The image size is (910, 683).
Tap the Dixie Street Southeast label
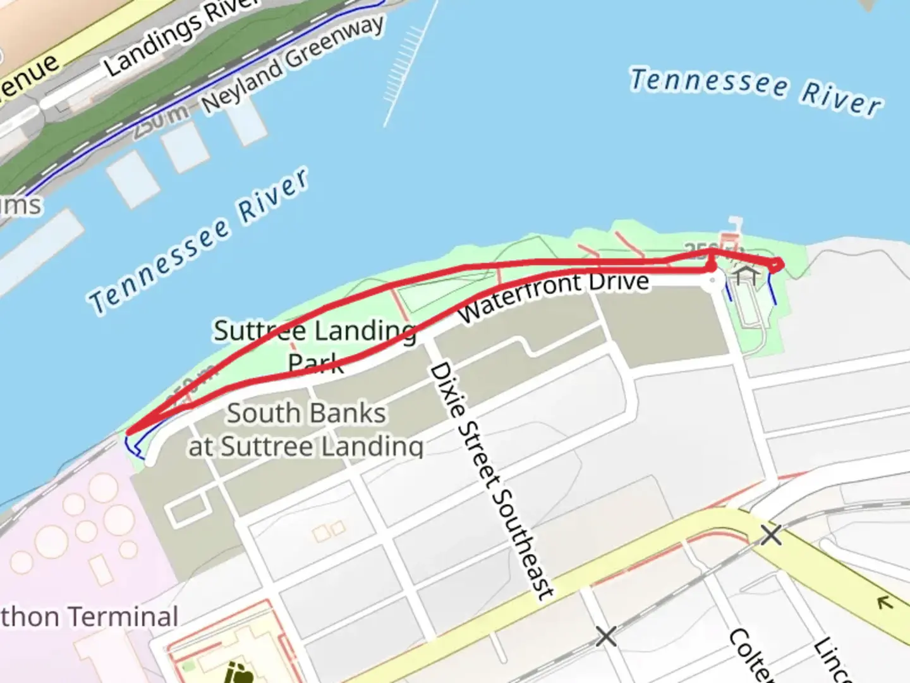coord(492,481)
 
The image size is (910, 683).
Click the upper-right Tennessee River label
coord(756,91)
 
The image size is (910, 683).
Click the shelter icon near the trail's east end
coord(746,275)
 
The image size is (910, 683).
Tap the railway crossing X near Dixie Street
coord(605,636)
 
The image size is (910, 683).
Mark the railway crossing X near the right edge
coord(770,535)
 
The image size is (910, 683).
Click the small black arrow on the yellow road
coord(885,603)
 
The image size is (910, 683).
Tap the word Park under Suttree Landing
coord(315,364)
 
